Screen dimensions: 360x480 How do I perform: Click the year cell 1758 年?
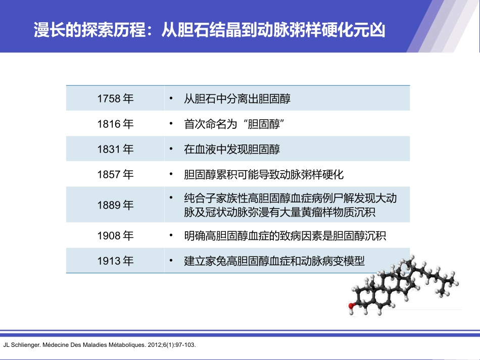(115, 98)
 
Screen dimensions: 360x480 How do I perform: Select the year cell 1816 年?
(115, 124)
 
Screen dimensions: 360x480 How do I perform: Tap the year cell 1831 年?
(115, 149)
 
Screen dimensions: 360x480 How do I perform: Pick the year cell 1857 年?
(115, 175)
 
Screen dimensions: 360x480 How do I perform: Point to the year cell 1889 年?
(115, 205)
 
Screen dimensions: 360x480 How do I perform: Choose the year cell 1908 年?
(115, 235)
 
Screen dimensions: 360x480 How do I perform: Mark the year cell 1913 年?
(115, 261)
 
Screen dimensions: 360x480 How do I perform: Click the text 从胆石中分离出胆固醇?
(237, 98)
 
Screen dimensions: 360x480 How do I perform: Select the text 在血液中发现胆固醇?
(232, 149)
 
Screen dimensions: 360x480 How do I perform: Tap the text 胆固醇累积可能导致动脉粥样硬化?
(264, 175)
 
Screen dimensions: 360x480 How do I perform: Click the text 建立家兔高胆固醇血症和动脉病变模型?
(274, 261)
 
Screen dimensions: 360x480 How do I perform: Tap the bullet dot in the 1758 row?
(172, 98)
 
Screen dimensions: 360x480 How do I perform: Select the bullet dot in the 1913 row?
(172, 261)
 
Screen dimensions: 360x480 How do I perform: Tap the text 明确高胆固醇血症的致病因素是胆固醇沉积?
(285, 236)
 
